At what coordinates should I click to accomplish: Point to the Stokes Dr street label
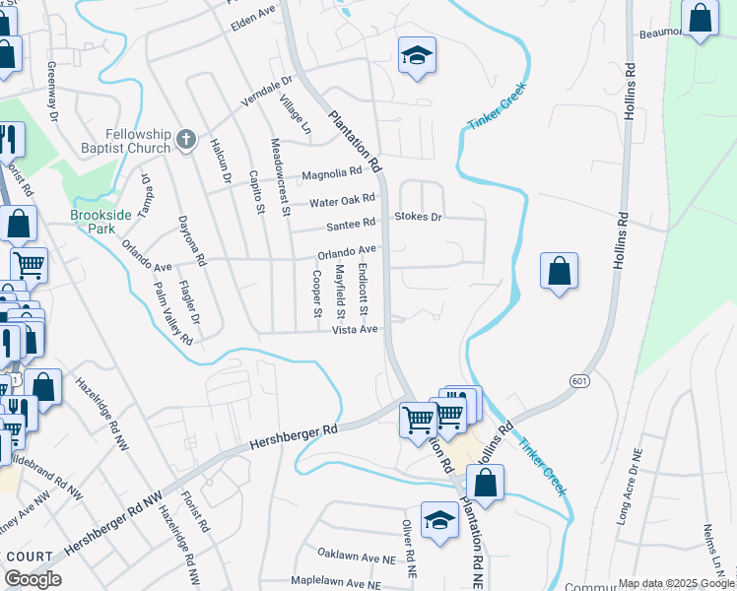coord(420,216)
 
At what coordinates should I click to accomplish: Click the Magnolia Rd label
coord(332,173)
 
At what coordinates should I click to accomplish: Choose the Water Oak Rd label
coord(342,200)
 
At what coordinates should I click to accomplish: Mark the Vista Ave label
coord(356,329)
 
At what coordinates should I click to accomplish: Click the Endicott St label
coord(364,289)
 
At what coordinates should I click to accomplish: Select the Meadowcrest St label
coord(280,176)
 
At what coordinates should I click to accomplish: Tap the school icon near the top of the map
coord(416,56)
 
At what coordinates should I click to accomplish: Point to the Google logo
coord(33,579)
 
